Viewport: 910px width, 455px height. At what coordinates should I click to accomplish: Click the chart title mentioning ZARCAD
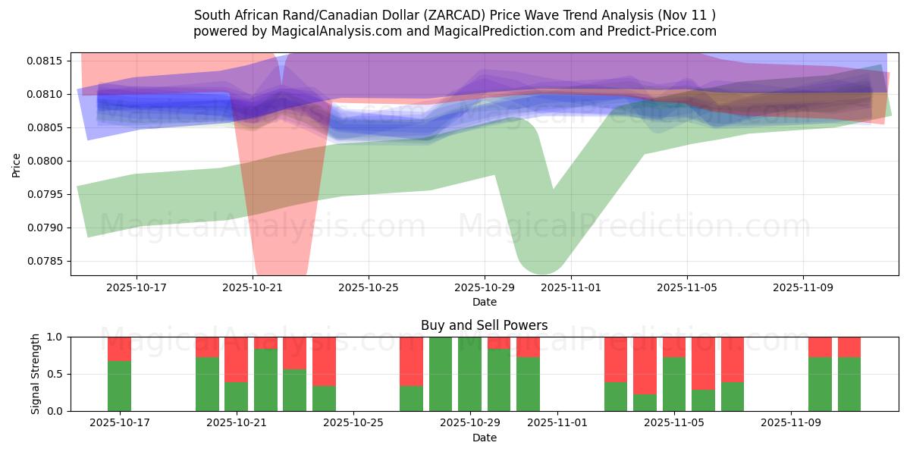[455, 15]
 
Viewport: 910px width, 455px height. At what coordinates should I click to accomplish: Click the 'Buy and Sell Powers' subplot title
[484, 325]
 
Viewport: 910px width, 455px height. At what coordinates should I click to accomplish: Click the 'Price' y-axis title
[17, 164]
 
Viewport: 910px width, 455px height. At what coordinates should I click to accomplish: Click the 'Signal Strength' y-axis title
[36, 374]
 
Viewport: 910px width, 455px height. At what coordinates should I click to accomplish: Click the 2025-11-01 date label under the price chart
[571, 288]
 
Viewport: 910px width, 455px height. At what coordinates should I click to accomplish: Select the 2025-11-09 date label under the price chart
[803, 288]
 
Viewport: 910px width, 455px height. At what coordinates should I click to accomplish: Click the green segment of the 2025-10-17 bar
[119, 386]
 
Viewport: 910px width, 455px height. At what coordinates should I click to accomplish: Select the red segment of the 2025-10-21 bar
[236, 359]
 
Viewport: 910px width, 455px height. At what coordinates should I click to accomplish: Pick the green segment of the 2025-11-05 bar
[674, 384]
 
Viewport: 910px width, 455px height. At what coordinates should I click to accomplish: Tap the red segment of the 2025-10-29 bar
[499, 343]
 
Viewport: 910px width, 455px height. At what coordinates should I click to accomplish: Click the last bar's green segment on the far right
[849, 384]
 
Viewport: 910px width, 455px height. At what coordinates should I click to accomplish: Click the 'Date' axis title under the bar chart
[484, 438]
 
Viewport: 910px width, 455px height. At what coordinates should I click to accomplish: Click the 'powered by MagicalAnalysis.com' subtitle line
[455, 31]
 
